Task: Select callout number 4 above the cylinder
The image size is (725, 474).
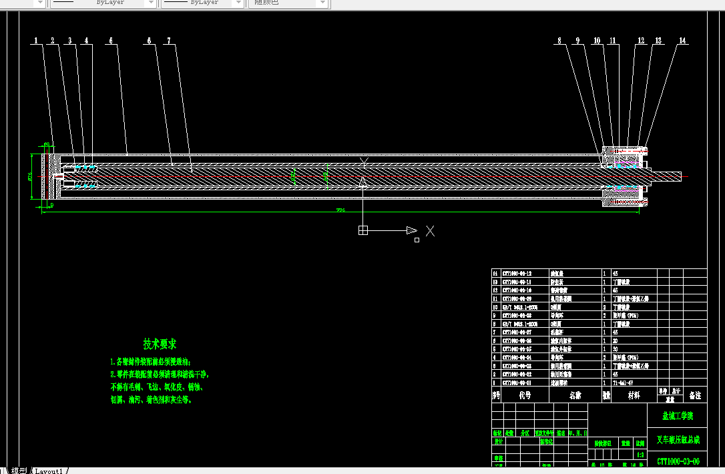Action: click(85, 41)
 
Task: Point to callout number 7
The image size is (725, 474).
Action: click(169, 41)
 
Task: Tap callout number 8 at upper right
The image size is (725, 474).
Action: click(559, 41)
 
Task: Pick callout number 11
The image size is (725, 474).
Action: click(613, 41)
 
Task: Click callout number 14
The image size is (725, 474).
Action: click(682, 41)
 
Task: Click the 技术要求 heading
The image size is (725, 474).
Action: click(160, 344)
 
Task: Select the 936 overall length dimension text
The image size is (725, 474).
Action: click(340, 210)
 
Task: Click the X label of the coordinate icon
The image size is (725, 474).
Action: click(431, 231)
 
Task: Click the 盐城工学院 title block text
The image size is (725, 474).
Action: click(677, 416)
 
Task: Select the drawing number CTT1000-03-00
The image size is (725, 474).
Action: click(678, 461)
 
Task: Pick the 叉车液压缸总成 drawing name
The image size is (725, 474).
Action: click(678, 440)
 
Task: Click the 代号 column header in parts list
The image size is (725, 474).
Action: click(525, 395)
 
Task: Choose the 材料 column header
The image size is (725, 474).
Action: click(633, 395)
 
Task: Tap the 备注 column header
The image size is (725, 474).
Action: click(694, 395)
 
